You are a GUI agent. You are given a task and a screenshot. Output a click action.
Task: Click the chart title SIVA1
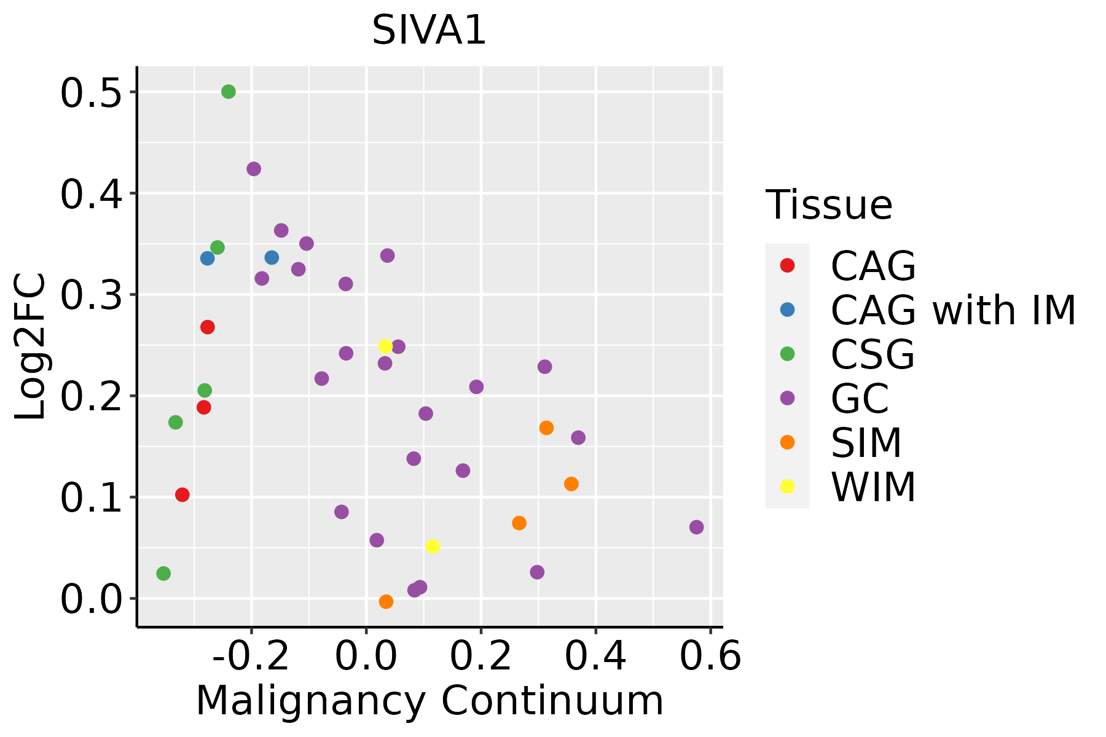[429, 31]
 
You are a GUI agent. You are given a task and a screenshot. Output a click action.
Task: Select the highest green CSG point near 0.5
[229, 92]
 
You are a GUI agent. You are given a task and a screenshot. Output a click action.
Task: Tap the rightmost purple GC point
[696, 527]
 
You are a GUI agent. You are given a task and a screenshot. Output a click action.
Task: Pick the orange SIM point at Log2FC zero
[386, 601]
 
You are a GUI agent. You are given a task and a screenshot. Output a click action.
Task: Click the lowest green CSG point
[163, 573]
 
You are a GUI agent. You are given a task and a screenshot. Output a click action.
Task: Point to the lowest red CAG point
[182, 494]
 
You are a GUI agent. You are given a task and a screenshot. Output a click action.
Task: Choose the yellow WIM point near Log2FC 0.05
[433, 546]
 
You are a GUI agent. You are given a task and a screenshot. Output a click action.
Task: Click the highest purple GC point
[254, 169]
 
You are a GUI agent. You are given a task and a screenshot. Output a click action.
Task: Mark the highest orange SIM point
[546, 427]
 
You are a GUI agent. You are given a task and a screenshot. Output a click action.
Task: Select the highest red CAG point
[208, 327]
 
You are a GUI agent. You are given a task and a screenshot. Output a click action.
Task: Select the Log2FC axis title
[31, 347]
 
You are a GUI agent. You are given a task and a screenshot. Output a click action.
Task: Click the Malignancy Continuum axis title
[429, 701]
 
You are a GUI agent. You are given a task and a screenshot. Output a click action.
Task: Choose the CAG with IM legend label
[953, 310]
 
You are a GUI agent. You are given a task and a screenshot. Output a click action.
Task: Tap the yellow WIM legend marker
[787, 486]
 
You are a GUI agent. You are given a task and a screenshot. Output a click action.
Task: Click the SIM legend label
[866, 442]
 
